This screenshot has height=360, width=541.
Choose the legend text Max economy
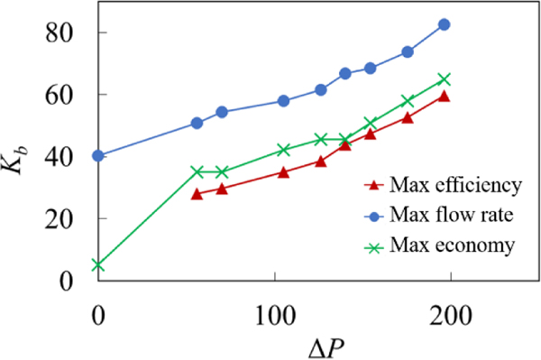(x=453, y=245)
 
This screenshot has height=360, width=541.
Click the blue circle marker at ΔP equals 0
(x=98, y=155)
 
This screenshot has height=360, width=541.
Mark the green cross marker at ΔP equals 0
(x=98, y=265)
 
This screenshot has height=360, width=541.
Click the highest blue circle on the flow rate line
(x=444, y=24)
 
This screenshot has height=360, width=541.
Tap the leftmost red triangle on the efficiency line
(x=197, y=194)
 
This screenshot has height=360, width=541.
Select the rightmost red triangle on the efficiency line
(x=444, y=96)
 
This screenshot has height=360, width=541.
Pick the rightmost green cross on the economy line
(x=444, y=79)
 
